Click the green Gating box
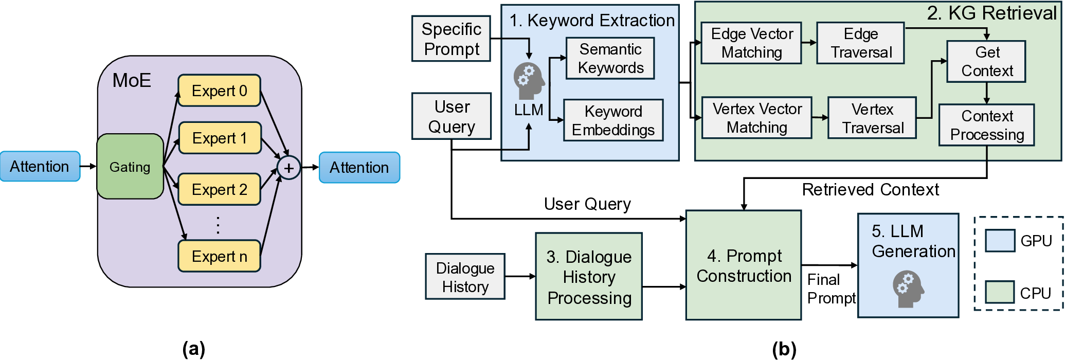(130, 167)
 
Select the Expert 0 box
(219, 91)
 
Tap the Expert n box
(219, 256)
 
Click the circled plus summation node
(288, 168)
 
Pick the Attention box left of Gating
(40, 166)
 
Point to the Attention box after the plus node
(359, 167)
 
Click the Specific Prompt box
(451, 39)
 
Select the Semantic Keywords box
(610, 58)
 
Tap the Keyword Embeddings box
(613, 120)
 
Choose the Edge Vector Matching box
(751, 43)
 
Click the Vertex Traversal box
(872, 118)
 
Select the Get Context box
(986, 61)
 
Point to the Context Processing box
(986, 125)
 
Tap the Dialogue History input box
(465, 277)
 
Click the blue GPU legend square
(1000, 240)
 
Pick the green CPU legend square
(1000, 292)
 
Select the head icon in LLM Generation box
(908, 289)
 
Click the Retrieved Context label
(870, 190)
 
